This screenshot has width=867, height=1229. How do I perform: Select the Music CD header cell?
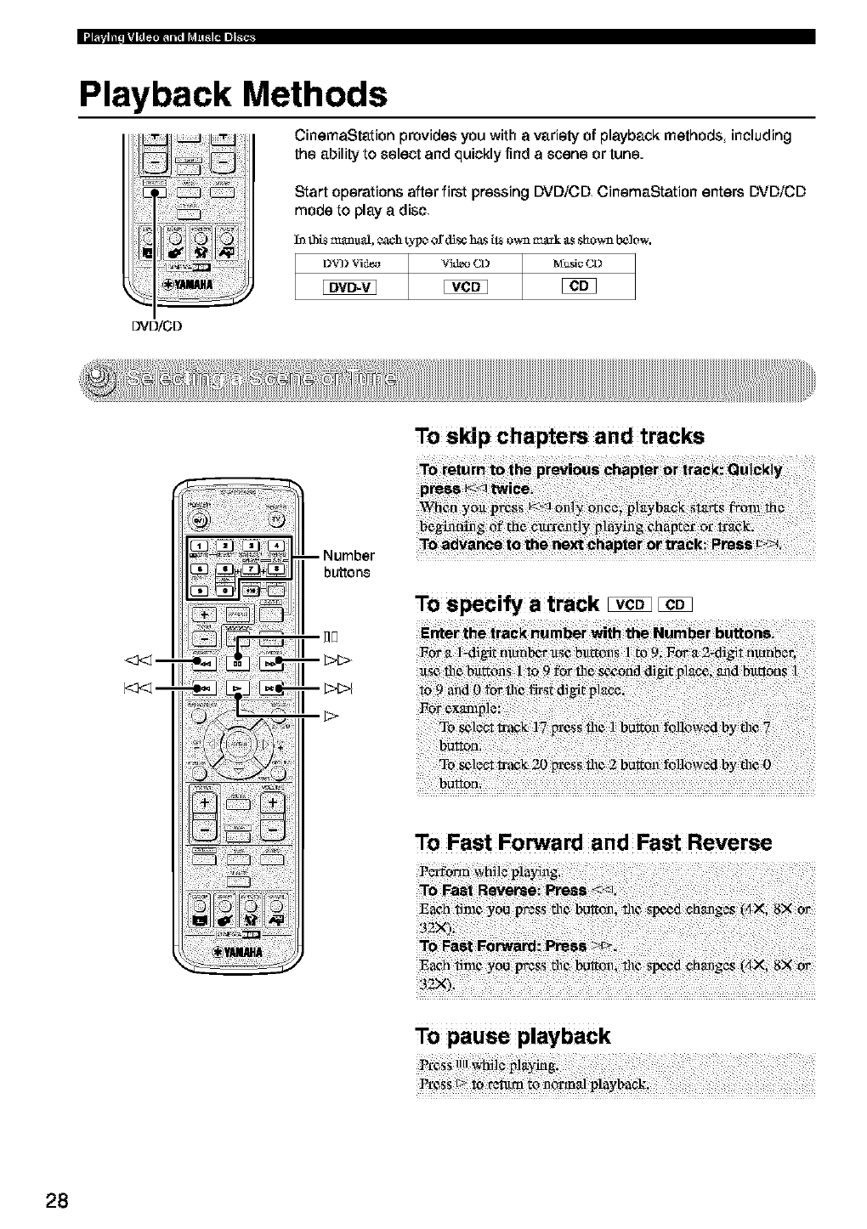[578, 263]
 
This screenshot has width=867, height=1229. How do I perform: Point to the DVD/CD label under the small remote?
[154, 325]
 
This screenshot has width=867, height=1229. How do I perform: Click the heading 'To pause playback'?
[513, 1035]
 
